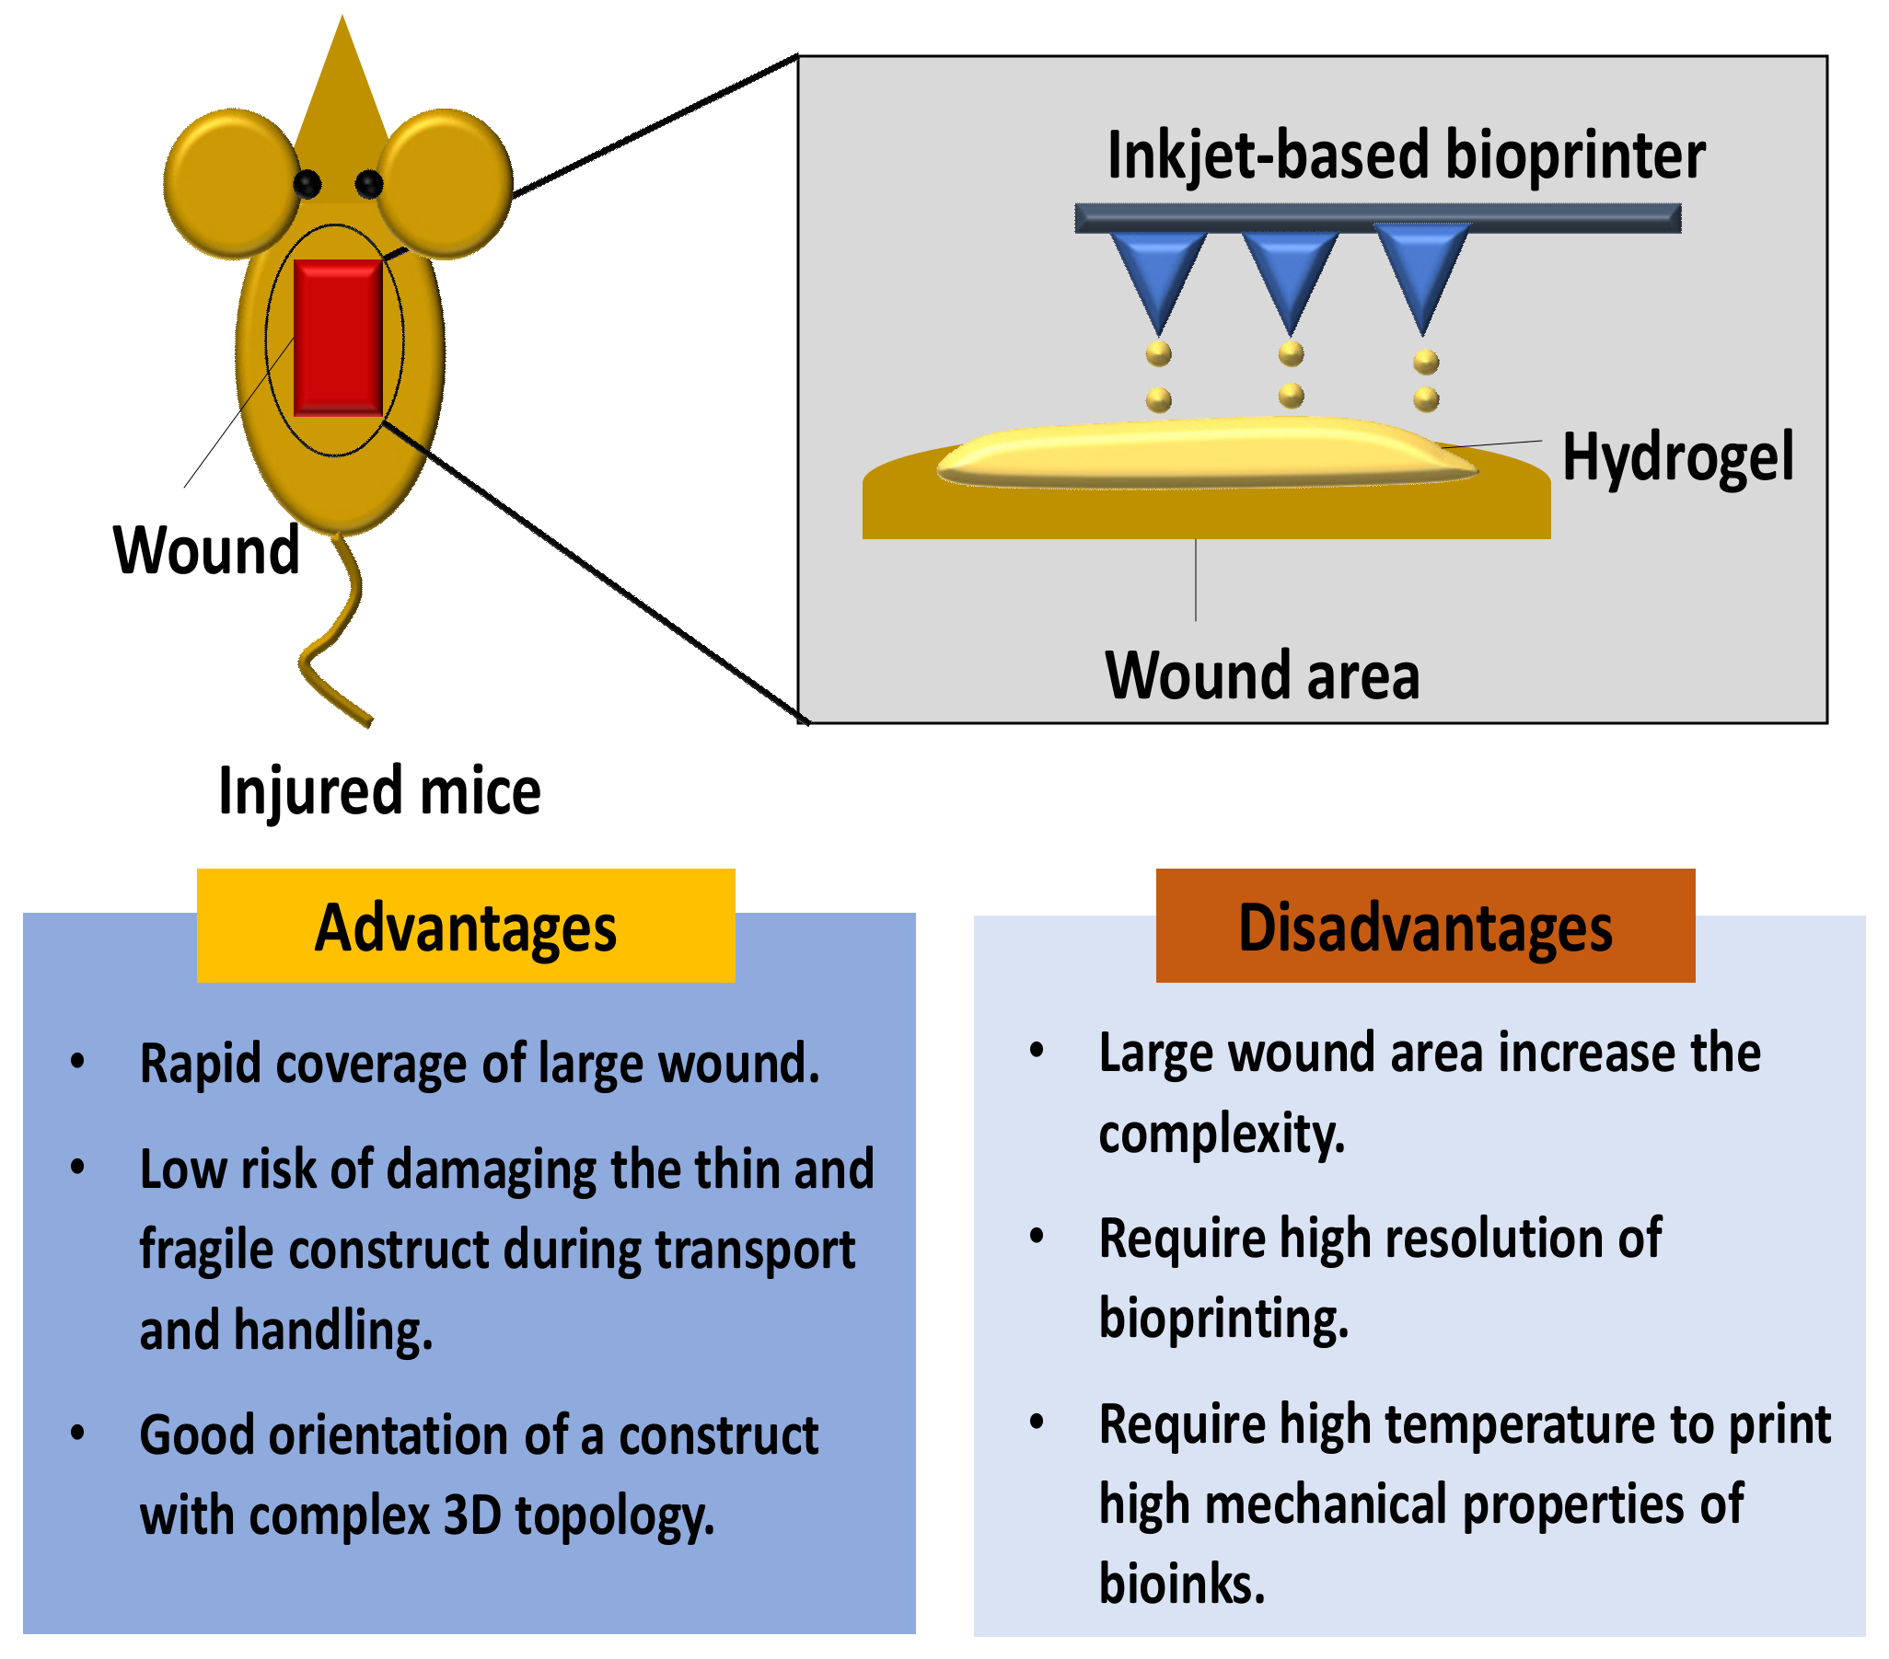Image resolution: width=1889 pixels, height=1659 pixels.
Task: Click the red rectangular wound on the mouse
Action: pyautogui.click(x=338, y=338)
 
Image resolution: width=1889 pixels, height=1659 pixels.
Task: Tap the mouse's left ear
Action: pyautogui.click(x=231, y=183)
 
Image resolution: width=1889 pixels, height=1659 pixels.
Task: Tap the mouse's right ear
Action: pyautogui.click(x=446, y=183)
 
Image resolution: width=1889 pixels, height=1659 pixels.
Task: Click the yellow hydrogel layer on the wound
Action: pyautogui.click(x=1201, y=453)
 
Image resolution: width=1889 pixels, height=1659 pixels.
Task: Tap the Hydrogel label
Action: pyautogui.click(x=1677, y=457)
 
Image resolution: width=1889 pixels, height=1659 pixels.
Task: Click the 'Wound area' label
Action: pyautogui.click(x=1261, y=676)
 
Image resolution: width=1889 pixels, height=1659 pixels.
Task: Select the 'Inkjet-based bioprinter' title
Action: pyautogui.click(x=1405, y=156)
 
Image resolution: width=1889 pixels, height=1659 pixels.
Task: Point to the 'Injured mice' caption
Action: pyautogui.click(x=379, y=791)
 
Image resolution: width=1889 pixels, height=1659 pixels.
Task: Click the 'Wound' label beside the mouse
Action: pyautogui.click(x=206, y=550)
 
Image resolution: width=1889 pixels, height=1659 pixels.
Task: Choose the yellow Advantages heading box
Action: pyautogui.click(x=466, y=926)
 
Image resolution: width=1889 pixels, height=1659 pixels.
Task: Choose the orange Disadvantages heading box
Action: pyautogui.click(x=1425, y=926)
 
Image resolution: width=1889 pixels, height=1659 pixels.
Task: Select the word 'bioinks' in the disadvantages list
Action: pyautogui.click(x=1180, y=1584)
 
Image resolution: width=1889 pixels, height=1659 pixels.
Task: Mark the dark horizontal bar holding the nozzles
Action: pyautogui.click(x=1377, y=218)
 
